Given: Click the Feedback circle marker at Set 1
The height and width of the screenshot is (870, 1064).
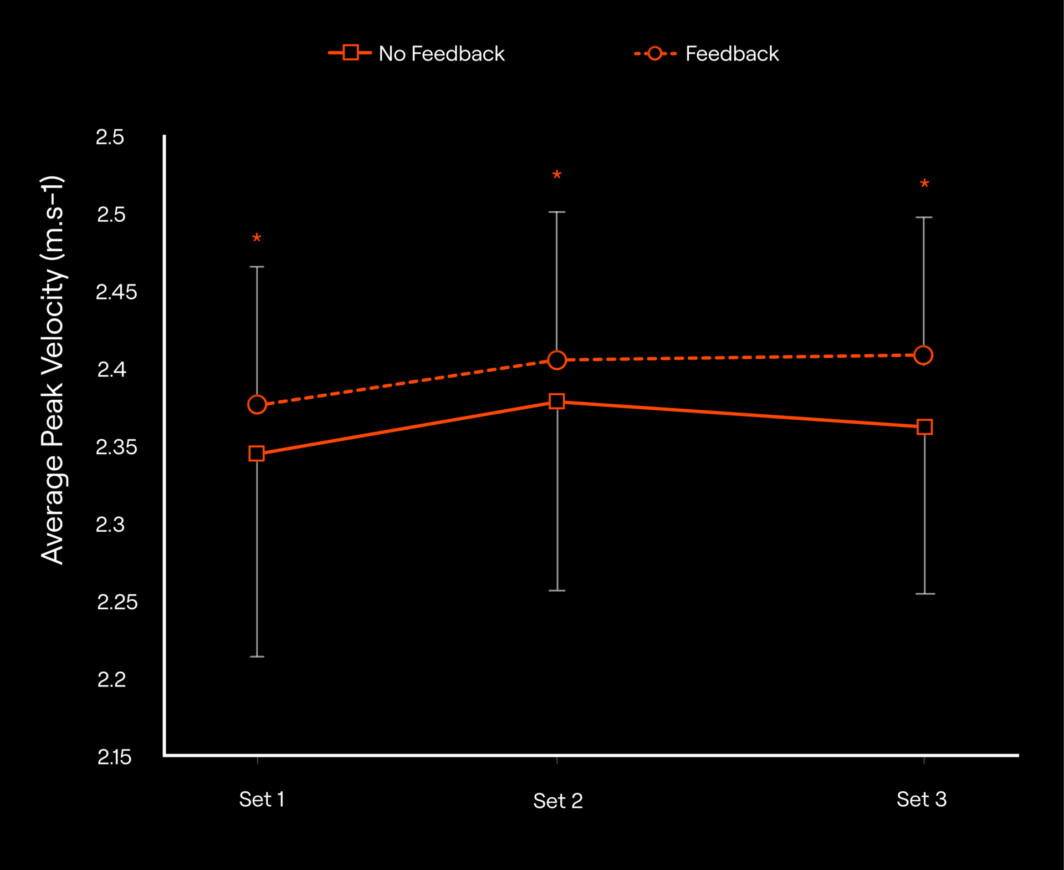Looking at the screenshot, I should (x=257, y=405).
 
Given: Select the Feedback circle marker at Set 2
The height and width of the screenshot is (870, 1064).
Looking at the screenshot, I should (x=557, y=360).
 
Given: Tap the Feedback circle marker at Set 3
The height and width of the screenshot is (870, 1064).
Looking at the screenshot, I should (x=923, y=355).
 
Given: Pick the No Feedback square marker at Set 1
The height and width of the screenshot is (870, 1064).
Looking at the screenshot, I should (x=257, y=454).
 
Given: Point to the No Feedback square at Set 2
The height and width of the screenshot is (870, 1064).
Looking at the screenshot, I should (x=557, y=401).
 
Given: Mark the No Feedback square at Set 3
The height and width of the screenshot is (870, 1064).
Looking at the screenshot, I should (x=924, y=427).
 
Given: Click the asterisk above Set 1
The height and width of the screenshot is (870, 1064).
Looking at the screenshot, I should (x=257, y=239).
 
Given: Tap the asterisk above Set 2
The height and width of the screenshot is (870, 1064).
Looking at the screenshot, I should (x=557, y=176).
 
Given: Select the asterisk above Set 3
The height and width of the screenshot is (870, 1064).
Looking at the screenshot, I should (x=924, y=184).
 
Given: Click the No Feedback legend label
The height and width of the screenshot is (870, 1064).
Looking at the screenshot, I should (x=441, y=54).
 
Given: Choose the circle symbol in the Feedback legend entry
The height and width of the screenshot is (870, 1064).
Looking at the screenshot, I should (x=655, y=53).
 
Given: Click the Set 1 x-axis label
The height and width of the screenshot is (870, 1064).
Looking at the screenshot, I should (x=262, y=800).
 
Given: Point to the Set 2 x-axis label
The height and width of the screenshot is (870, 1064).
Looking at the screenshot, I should (x=557, y=801).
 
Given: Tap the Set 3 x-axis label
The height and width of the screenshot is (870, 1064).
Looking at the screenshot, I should (x=922, y=800).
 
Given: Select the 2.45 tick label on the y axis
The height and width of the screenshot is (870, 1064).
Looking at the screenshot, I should (x=116, y=292).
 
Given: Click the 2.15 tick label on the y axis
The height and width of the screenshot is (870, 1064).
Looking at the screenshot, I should (x=115, y=757).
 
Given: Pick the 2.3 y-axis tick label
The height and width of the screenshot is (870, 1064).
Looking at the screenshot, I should (x=110, y=525).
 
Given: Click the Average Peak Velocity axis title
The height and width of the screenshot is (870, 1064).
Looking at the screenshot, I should (x=53, y=370).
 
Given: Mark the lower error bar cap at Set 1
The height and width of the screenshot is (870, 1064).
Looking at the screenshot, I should (x=257, y=657).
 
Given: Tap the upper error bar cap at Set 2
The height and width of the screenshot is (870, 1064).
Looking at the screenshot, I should (x=557, y=212).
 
